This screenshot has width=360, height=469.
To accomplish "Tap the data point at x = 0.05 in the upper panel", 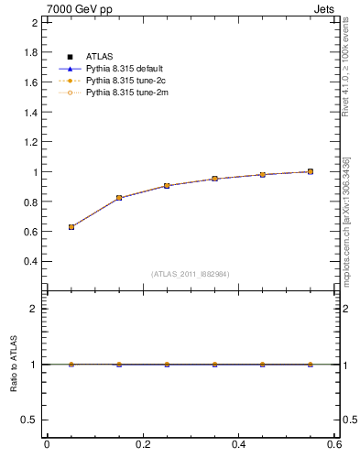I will (71, 227).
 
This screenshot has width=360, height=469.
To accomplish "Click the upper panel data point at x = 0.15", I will (119, 198).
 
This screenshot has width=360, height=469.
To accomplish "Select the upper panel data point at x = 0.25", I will (167, 186).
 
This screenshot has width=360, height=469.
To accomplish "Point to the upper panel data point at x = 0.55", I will (311, 171).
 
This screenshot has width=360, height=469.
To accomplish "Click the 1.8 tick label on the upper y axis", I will (30, 52).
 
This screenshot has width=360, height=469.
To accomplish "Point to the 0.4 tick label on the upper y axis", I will (30, 261).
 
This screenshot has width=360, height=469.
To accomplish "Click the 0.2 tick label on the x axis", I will (142, 444).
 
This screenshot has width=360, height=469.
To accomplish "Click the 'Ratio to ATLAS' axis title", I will (13, 365).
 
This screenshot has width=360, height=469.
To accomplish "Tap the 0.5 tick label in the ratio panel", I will (29, 420).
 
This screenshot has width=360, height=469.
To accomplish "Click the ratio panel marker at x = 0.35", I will (214, 365).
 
